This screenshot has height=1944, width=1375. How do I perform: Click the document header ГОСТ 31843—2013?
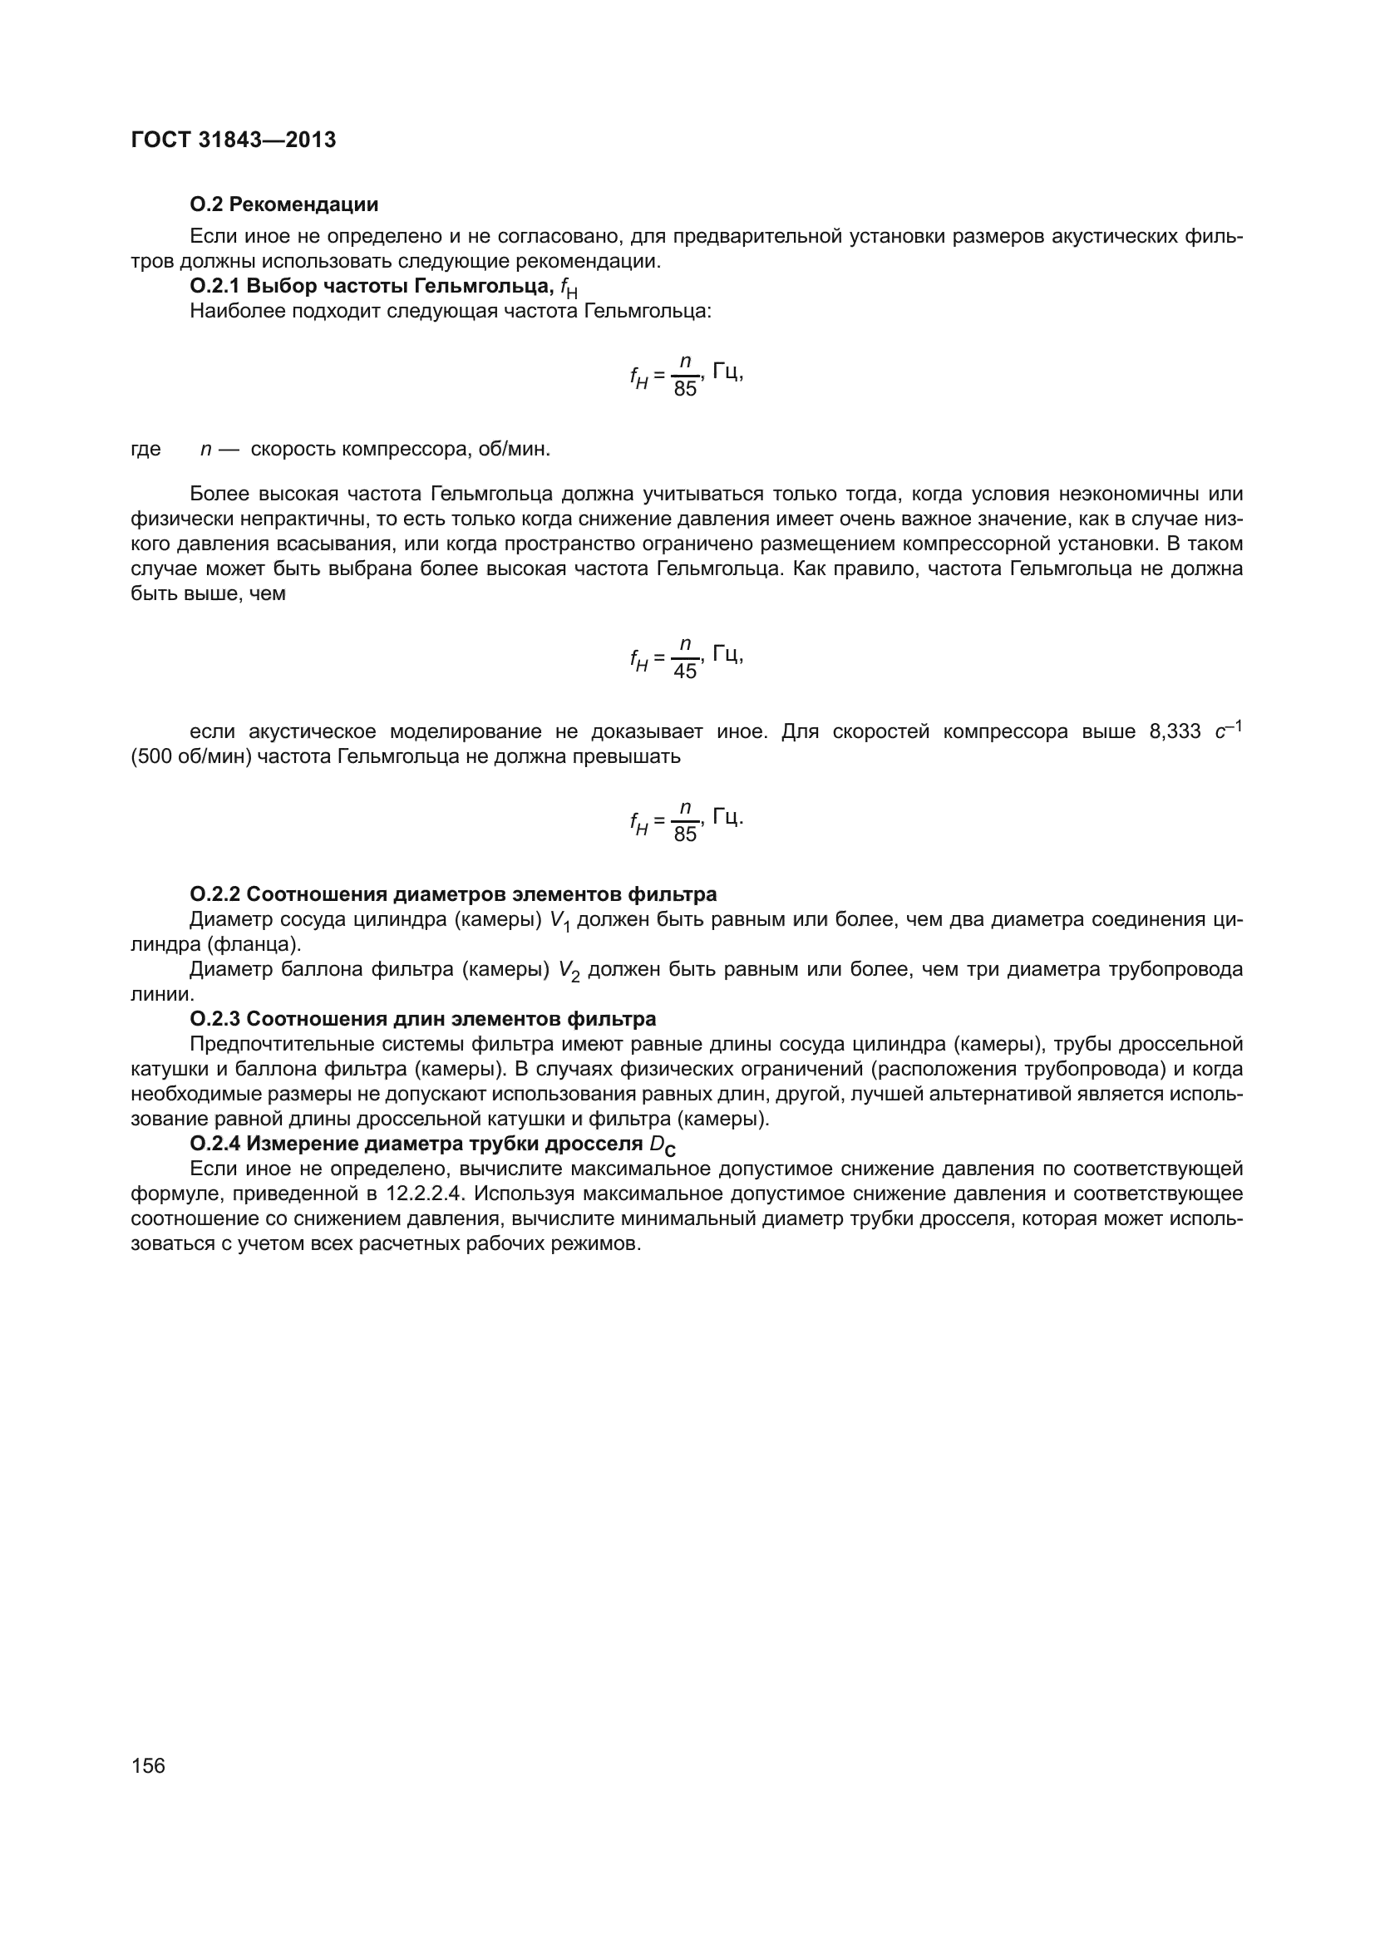(234, 140)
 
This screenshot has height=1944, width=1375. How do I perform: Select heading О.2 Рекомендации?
(283, 204)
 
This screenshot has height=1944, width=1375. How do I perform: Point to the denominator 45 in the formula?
(685, 672)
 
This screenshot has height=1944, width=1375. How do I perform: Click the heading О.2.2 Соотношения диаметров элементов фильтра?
(453, 894)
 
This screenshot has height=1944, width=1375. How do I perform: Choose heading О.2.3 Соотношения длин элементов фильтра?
(422, 1018)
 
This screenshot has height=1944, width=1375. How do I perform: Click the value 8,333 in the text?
(1175, 731)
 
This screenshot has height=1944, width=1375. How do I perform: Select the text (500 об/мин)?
(190, 756)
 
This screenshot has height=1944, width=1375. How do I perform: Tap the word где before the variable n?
(145, 449)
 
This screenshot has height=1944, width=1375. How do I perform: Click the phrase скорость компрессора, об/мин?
(401, 449)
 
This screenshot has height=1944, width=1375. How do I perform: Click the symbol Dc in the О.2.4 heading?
(662, 1145)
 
